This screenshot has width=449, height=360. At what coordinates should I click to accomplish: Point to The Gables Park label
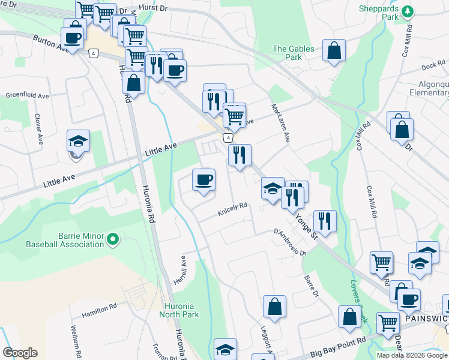coord(287,53)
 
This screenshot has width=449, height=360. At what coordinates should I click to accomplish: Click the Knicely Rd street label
coord(232,206)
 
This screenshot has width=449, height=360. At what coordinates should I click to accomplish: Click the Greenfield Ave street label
coord(27,95)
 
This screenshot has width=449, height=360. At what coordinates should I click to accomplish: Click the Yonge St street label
coord(306,226)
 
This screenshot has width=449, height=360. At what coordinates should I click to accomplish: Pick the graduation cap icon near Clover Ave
coord(78,141)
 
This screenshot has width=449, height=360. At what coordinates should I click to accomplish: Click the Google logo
coord(20,353)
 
